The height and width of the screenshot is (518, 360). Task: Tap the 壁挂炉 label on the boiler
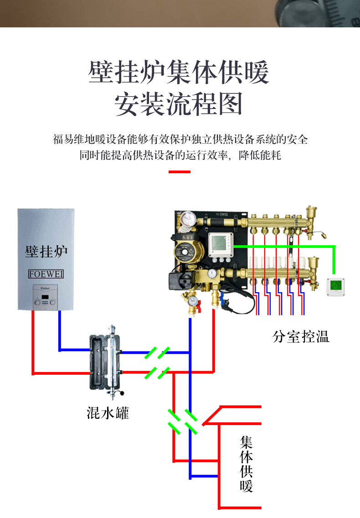click(46, 251)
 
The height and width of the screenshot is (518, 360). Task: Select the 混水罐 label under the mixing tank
click(108, 413)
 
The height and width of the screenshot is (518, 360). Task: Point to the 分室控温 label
click(300, 337)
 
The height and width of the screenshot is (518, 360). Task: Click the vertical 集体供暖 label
click(247, 464)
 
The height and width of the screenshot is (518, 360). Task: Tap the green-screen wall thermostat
click(336, 286)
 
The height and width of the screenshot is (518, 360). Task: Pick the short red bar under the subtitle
click(179, 172)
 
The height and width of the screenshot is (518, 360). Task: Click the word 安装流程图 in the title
click(179, 104)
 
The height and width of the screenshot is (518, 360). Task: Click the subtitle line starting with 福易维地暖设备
click(180, 139)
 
